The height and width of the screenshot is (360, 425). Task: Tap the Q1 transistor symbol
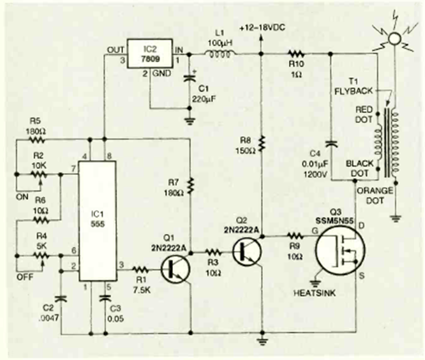175,269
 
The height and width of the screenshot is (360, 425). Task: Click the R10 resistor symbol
295,55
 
